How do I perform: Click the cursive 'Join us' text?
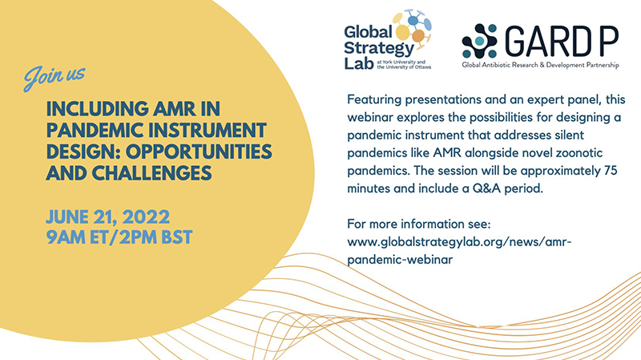coord(54,77)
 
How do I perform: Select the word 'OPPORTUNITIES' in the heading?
coord(199,152)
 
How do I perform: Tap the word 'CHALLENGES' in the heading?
coord(151,172)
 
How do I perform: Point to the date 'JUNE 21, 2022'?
coord(108,216)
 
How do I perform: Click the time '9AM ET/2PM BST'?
coord(119,237)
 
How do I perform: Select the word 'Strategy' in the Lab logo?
coord(379,48)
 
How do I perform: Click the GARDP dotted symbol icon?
coord(479,41)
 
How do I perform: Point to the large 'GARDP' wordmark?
coord(562,41)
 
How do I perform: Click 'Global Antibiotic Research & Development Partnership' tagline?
coord(540,65)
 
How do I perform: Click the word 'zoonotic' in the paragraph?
coord(579,153)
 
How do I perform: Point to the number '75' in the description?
coord(611,171)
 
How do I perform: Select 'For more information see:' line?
coord(418,224)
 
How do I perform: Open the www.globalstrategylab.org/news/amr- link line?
coord(459,242)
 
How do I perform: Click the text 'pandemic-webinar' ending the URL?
coord(400,260)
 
